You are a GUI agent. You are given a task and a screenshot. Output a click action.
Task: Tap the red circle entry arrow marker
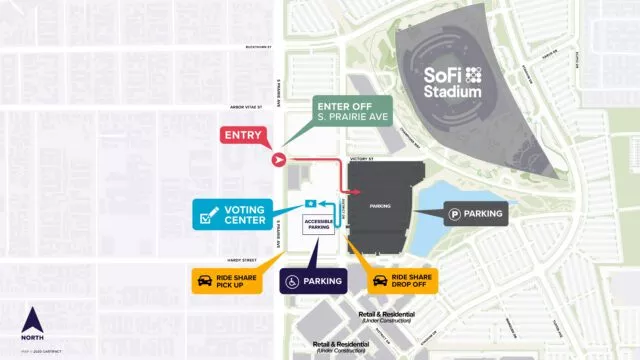click(280, 159)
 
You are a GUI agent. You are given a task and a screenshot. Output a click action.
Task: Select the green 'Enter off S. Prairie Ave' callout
click(353, 112)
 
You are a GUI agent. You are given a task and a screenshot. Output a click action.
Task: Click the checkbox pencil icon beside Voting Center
click(210, 214)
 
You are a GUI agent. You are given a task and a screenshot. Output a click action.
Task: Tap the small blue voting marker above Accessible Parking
click(311, 204)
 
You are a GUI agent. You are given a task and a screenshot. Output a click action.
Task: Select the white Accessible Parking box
click(319, 226)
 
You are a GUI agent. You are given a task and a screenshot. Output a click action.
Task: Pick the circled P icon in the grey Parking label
click(456, 213)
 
